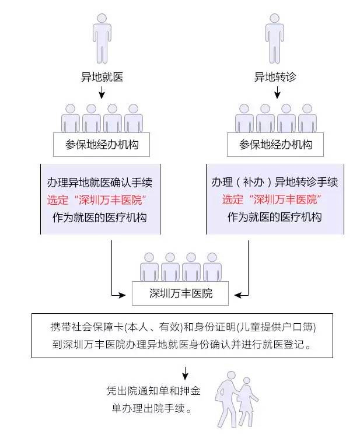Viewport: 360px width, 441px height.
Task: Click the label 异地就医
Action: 102,76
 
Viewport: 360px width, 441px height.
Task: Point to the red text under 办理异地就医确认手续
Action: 97,200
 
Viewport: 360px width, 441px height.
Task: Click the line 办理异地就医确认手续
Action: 97,182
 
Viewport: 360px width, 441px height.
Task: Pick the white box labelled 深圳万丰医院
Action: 181,293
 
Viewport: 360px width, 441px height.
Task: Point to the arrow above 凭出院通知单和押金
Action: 185,372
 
